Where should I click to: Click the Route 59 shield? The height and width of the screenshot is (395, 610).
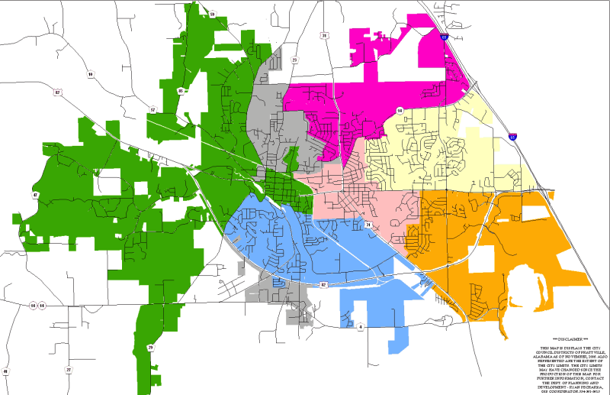coord(212,14)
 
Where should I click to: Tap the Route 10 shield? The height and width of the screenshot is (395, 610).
coord(90,74)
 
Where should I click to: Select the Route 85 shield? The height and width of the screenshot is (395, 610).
coord(181,91)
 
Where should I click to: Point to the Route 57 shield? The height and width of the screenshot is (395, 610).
coord(152,109)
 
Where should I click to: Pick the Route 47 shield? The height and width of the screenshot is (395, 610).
coord(35,196)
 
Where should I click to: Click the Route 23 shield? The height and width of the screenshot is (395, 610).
coord(294,59)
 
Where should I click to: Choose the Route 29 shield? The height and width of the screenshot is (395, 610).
coord(151,348)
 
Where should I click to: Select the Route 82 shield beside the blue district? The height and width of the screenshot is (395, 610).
coord(323,284)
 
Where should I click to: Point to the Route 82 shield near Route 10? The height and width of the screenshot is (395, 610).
coord(56,92)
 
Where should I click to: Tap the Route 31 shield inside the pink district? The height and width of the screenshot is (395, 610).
coord(368,225)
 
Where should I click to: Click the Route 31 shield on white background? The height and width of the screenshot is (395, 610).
coord(324,35)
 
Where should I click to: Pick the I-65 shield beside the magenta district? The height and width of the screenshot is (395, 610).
coord(444,34)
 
